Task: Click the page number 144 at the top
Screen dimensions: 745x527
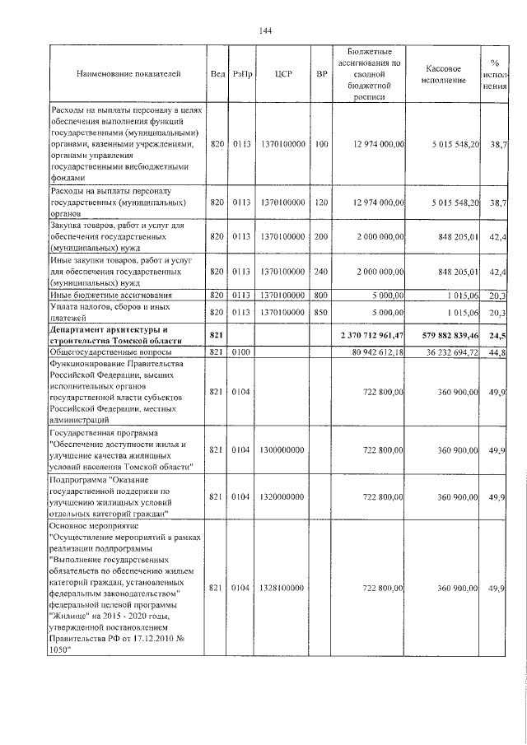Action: pyautogui.click(x=265, y=31)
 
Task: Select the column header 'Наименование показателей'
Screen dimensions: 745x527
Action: pyautogui.click(x=128, y=74)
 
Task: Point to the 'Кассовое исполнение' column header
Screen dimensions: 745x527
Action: pyautogui.click(x=448, y=74)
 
